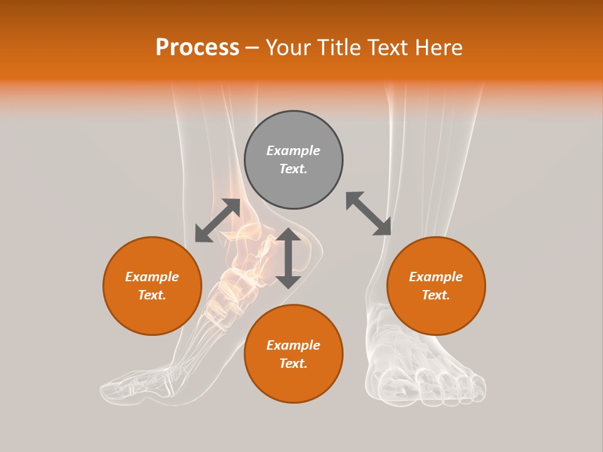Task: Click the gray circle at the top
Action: coord(293,159)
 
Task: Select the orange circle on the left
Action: coord(152,286)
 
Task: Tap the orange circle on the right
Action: coord(436,286)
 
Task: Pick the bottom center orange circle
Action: coord(293,353)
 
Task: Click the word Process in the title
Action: coord(197,48)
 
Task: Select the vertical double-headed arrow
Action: coord(288,258)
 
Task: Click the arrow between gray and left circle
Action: coord(217,220)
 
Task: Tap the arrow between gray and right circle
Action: coord(369,213)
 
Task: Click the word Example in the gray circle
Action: coord(293,151)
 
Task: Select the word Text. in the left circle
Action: coord(152,295)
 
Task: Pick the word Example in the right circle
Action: coord(436,277)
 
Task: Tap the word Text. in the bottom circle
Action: coord(293,363)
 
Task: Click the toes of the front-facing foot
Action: coord(427,386)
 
